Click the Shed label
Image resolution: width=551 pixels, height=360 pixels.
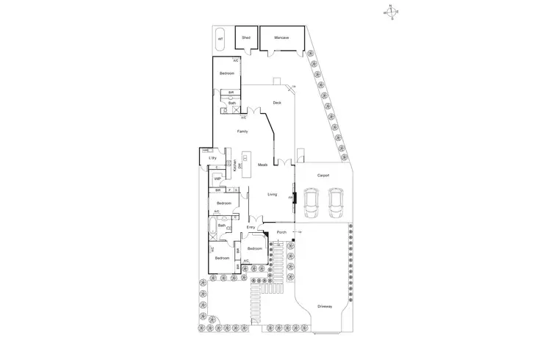pyautogui.click(x=246, y=37)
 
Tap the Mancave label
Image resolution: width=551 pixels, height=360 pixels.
pyautogui.click(x=281, y=37)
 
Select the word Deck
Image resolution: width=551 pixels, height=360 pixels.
pyautogui.click(x=277, y=103)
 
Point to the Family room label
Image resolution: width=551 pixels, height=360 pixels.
pyautogui.click(x=242, y=131)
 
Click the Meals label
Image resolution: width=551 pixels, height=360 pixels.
pyautogui.click(x=262, y=165)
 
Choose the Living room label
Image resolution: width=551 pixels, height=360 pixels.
pyautogui.click(x=271, y=194)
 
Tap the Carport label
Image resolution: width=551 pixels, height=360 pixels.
pyautogui.click(x=323, y=176)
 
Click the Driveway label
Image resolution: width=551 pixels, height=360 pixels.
pyautogui.click(x=325, y=306)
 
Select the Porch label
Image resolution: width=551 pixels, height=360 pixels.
pyautogui.click(x=281, y=234)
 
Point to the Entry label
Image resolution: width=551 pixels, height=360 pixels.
pyautogui.click(x=251, y=228)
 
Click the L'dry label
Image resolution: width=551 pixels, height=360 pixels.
pyautogui.click(x=212, y=158)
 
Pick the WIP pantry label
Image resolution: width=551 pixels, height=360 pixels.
pyautogui.click(x=217, y=179)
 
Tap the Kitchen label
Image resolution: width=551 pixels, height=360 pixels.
pyautogui.click(x=234, y=166)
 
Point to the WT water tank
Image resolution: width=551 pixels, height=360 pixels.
pyautogui.click(x=220, y=39)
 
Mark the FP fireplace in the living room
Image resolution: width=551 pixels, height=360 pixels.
pyautogui.click(x=292, y=197)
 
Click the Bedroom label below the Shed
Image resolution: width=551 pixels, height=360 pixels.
pyautogui.click(x=227, y=73)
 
